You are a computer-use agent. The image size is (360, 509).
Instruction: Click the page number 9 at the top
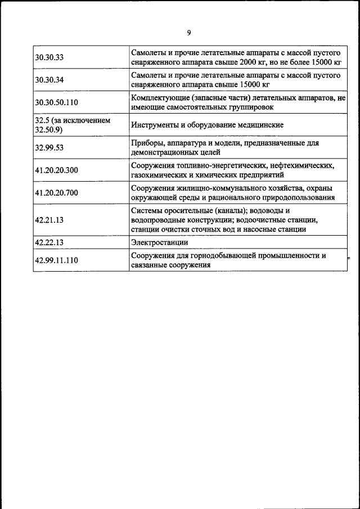188,33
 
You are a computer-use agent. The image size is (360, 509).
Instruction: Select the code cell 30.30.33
49,57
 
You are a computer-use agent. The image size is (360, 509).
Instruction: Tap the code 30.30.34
49,80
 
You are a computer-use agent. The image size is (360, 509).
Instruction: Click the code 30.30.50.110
56,102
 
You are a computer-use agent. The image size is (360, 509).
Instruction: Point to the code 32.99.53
49,148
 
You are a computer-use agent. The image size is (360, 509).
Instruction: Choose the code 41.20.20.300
56,170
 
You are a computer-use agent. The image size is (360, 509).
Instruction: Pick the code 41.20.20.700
56,193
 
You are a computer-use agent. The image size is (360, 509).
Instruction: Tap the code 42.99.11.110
56,260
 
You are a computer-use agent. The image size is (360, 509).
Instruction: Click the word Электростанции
160,242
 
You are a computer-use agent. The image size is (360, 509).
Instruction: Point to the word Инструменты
156,125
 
